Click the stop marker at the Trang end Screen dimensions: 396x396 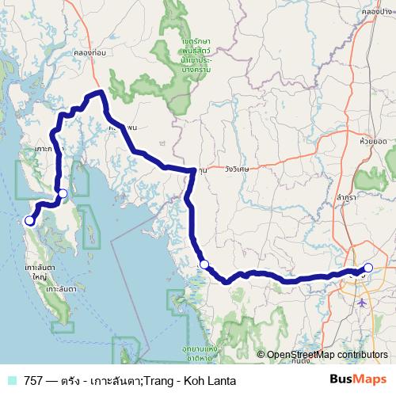(x=368, y=268)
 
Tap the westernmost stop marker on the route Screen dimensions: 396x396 (x=29, y=221)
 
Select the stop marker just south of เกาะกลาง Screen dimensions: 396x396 (x=63, y=193)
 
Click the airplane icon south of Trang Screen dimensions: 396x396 (x=363, y=302)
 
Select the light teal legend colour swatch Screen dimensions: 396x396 (x=11, y=381)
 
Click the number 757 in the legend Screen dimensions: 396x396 (x=34, y=381)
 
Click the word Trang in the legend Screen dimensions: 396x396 (x=158, y=381)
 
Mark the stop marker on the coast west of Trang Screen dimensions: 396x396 (x=204, y=265)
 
